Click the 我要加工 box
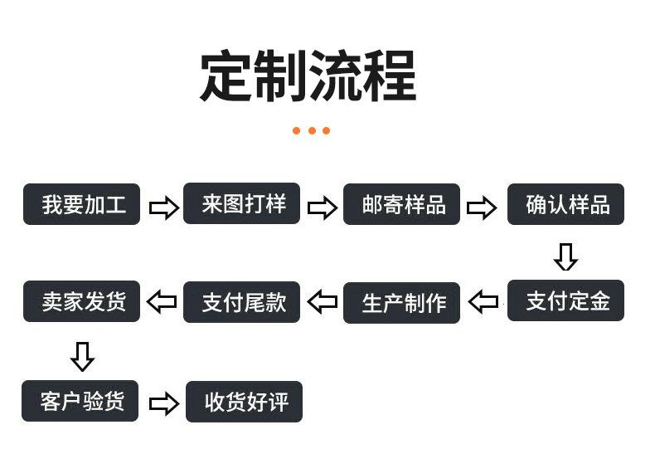coord(81,204)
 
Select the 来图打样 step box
coord(241,203)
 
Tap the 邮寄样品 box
coord(401,204)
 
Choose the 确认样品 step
coord(565,204)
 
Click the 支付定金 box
coord(565,300)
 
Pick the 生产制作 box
coord(401,303)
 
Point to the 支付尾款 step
coord(241,302)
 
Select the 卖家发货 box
coord(81,301)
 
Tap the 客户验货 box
coord(80,401)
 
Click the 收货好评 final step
coord(244,402)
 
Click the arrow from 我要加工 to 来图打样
coord(164,207)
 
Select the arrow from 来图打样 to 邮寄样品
coord(323,207)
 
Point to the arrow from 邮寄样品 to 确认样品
coord(482,207)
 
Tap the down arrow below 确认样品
coord(565,257)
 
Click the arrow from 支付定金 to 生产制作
coord(483,301)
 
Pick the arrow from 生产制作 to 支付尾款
coord(322,301)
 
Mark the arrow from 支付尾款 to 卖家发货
coord(162,301)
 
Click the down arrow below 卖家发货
coord(82,357)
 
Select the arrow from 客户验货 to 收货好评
coord(164,403)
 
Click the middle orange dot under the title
coord(312,131)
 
